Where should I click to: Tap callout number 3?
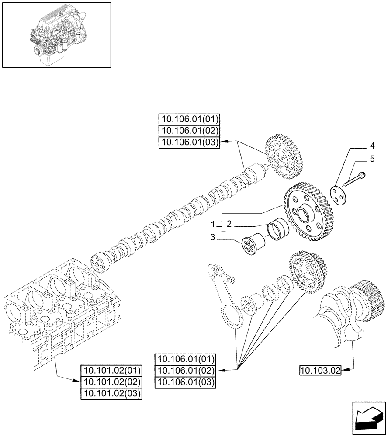point(213,238)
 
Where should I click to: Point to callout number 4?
point(372,146)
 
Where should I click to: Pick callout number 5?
point(372,159)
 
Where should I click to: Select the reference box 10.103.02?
point(320,371)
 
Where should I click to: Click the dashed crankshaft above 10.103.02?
point(350,310)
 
